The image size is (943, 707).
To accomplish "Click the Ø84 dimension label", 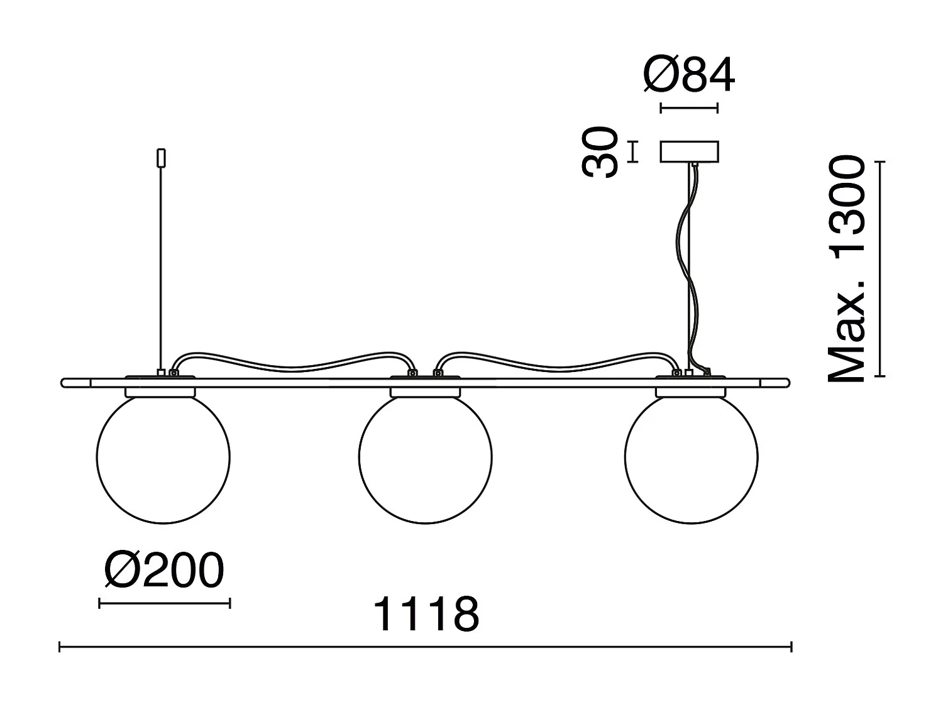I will (689, 77).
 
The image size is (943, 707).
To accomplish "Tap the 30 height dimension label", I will (600, 152).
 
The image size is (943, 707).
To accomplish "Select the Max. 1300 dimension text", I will (847, 270).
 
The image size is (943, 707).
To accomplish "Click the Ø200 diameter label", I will (164, 571).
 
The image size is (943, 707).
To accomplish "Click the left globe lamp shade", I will (163, 458).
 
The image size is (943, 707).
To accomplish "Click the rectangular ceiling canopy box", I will (689, 152).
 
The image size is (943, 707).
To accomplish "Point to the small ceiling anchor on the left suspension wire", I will (162, 157).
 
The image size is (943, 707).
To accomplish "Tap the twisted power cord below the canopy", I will (687, 264).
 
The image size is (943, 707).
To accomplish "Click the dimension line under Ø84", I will (689, 108).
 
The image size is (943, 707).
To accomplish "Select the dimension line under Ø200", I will (164, 603).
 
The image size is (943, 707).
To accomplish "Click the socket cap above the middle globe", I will (426, 392).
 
